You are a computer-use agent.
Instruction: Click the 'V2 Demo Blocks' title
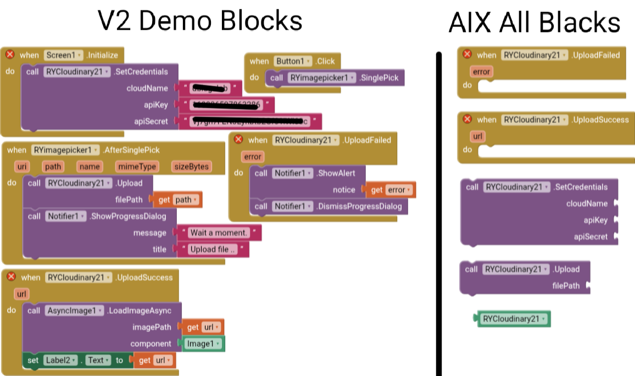pos(200,21)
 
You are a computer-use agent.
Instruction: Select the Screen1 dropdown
pos(64,55)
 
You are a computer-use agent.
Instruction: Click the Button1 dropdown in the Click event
pos(293,61)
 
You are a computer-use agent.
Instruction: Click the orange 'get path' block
pos(178,200)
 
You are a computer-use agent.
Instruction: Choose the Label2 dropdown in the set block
pos(64,360)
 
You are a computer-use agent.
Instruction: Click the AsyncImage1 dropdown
pos(74,311)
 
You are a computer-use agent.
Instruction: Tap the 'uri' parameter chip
pos(22,167)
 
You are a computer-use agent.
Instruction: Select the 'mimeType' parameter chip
pos(137,167)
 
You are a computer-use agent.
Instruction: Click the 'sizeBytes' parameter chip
pos(191,167)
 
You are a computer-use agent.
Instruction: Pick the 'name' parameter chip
pos(89,167)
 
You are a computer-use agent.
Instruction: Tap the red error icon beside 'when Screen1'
pos(10,54)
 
